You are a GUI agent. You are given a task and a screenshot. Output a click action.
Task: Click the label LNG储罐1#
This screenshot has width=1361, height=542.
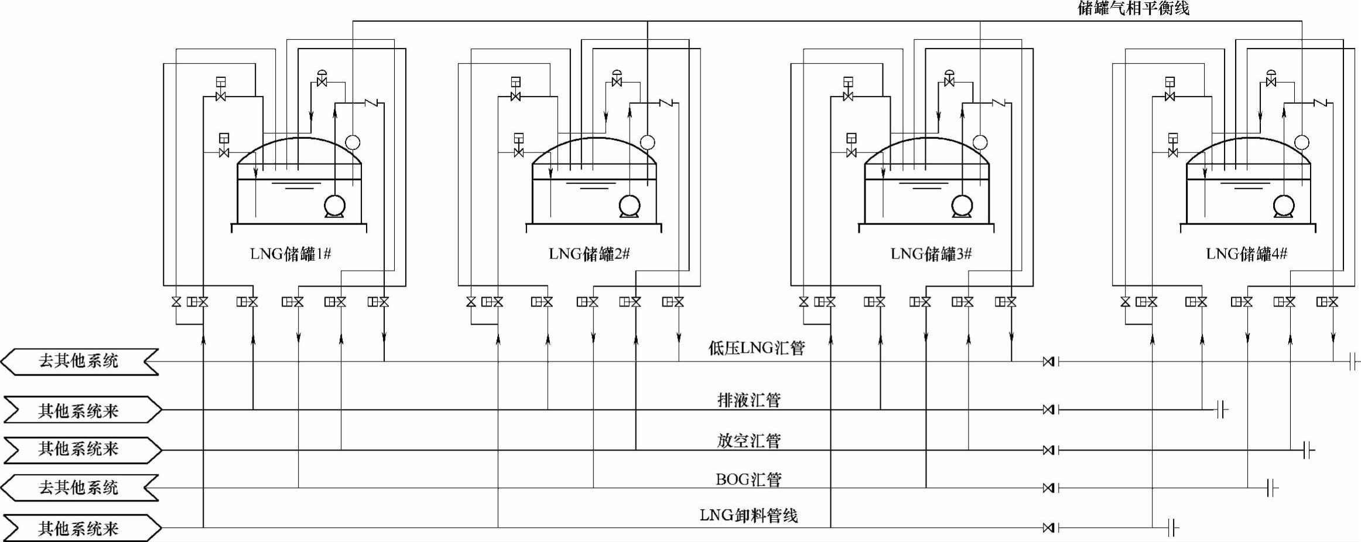point(290,254)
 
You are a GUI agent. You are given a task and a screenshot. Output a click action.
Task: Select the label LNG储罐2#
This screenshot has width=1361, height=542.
point(589,254)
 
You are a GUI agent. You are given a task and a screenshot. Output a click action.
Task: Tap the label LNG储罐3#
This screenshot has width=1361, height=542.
point(931,254)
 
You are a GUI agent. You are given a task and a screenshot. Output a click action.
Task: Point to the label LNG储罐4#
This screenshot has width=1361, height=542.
point(1246,254)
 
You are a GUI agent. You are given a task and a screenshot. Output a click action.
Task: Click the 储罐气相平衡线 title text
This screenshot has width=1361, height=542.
point(1133,8)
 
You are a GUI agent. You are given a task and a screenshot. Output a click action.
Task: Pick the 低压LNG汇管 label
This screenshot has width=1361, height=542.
point(756,348)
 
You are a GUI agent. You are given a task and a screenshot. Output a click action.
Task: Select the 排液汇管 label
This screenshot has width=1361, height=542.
point(749,400)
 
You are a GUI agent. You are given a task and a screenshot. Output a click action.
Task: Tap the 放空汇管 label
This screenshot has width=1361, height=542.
point(749,441)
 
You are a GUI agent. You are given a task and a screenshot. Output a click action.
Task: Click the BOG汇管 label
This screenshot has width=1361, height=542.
point(748,479)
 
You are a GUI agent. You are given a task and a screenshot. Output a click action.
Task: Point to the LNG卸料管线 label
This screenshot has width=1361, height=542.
point(748,516)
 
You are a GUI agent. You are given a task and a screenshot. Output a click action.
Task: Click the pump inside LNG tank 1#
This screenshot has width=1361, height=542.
point(335,206)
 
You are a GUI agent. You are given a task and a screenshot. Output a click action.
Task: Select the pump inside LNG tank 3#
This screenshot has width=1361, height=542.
point(962,206)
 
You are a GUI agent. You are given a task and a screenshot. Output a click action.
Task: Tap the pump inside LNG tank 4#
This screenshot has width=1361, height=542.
point(1283,206)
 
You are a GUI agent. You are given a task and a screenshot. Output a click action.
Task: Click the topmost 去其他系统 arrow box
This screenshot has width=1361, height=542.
point(79,361)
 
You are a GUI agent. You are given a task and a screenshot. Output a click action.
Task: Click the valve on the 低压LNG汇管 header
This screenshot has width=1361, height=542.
point(1049,362)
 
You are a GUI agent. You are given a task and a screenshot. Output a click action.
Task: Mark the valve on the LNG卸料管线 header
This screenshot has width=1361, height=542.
point(1049,528)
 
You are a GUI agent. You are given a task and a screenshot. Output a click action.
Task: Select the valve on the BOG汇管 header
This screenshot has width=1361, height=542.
point(1049,488)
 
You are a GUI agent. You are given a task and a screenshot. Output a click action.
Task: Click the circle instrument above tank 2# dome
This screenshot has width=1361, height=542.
point(647,142)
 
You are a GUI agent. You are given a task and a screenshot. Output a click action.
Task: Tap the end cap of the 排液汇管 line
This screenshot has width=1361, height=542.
point(1221,410)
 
